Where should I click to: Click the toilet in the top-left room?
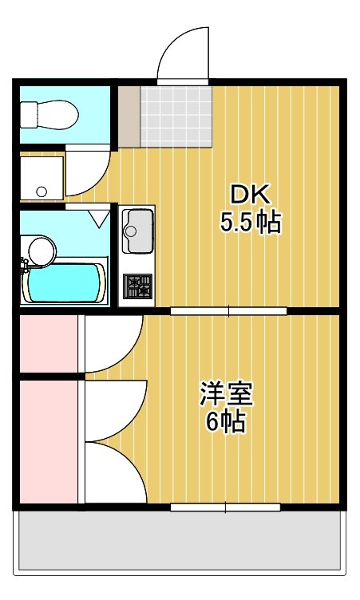[49, 116]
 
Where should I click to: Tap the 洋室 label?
[226, 393]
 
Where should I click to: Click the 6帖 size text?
[226, 422]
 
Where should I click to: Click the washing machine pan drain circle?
[42, 191]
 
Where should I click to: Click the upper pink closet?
[48, 343]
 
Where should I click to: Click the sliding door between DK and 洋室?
[230, 310]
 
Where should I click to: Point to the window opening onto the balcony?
[226, 507]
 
